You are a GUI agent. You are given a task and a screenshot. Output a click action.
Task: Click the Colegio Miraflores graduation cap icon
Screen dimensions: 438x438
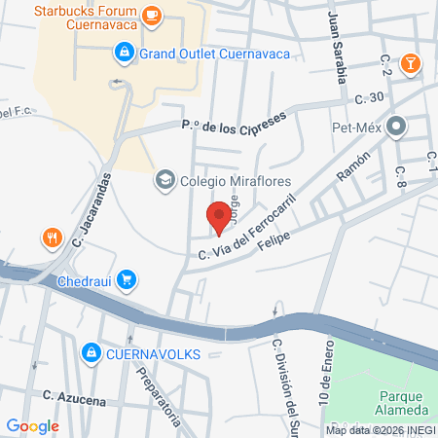point(164,180)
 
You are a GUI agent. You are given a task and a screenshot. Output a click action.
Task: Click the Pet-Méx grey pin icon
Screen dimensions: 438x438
point(396,127)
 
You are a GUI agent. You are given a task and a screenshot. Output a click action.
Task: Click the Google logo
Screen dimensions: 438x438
point(32,425)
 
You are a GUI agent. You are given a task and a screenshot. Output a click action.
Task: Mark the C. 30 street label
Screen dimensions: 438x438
point(372,97)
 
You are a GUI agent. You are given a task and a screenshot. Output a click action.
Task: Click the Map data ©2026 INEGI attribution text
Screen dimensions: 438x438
point(380,429)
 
